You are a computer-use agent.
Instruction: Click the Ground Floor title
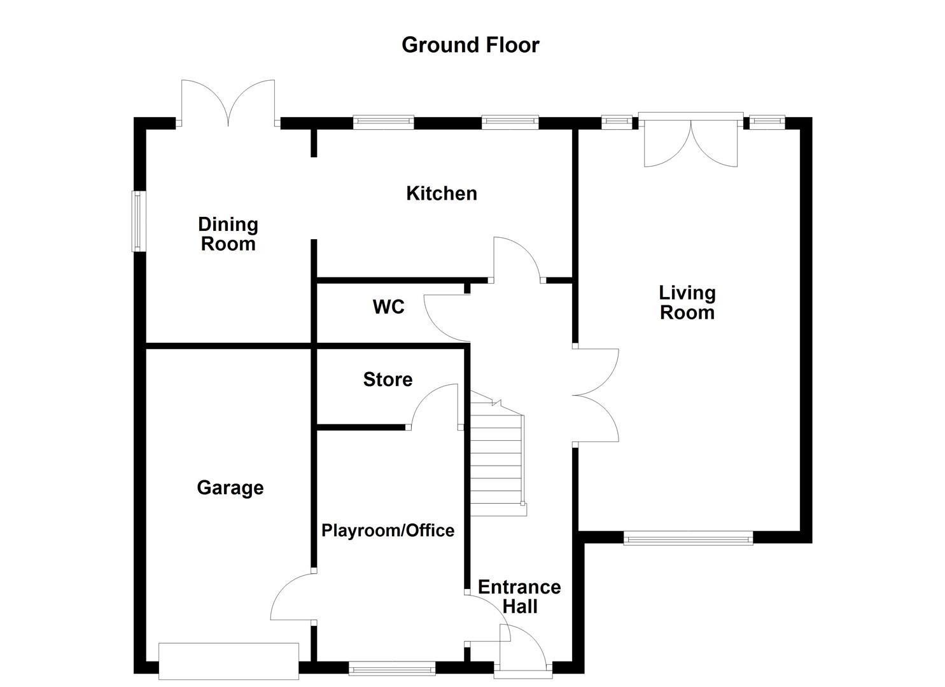point(470,45)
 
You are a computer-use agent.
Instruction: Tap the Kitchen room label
point(442,193)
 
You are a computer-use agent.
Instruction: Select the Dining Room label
point(228,234)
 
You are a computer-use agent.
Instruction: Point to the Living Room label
point(687,303)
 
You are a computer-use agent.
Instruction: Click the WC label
point(388,307)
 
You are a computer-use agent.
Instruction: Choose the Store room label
point(388,380)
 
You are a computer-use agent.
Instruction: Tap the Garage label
point(230,488)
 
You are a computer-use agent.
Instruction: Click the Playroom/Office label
point(388,531)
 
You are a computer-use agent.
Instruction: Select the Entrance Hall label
point(519,597)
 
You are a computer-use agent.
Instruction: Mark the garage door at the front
point(228,662)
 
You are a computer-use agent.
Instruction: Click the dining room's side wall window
point(139,221)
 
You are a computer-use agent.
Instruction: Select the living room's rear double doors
point(690,141)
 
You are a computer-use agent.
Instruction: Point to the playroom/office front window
point(392,668)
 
